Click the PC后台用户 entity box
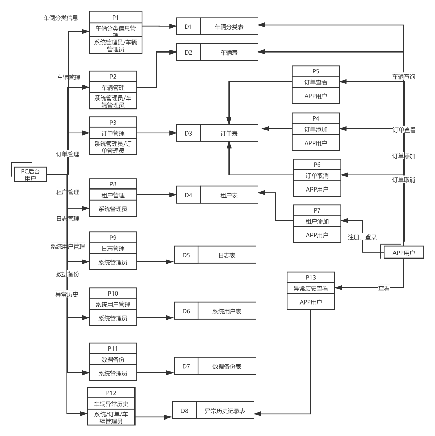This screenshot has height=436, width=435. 30,174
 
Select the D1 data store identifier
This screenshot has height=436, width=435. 188,26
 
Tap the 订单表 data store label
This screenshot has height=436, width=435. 229,133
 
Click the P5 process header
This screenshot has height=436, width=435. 316,71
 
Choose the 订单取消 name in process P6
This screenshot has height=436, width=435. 317,175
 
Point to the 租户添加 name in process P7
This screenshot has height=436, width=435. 317,221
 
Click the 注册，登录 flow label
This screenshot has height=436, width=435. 362,237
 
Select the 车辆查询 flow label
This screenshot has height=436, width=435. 404,77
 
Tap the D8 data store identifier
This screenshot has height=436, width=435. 184,411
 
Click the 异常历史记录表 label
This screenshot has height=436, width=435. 225,411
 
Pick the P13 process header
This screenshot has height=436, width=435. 311,277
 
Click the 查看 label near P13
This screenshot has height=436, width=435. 384,288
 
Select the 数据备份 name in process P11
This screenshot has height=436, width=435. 113,359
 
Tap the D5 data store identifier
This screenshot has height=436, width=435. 186,255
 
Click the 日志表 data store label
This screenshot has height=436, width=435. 227,255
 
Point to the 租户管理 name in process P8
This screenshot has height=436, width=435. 113,195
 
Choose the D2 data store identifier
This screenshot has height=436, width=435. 188,52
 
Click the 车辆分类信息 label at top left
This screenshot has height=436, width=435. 61,18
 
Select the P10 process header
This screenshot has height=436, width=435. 113,293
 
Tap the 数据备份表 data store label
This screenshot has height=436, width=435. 227,367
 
